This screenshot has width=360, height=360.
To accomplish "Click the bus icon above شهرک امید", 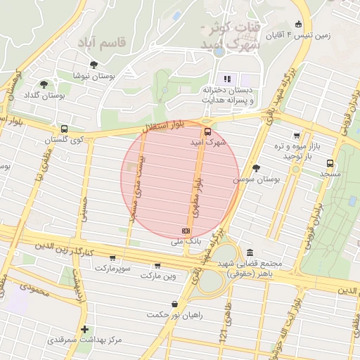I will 207,131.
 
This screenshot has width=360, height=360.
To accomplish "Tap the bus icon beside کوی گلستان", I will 64,129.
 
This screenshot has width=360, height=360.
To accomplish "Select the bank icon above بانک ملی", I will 186,231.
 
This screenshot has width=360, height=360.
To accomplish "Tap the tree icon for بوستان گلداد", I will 44,84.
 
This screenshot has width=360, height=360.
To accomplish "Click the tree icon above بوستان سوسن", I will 255,168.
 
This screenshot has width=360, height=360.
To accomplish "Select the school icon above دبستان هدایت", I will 226,79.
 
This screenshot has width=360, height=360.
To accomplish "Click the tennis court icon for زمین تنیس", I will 299,23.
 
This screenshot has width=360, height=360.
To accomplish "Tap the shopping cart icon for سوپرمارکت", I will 112,258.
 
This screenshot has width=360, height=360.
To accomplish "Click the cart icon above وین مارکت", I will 156,265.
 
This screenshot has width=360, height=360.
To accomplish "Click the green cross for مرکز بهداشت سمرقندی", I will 84,329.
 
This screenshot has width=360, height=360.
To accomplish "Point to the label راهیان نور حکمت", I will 174,314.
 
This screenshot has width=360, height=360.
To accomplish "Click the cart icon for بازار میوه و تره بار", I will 297,136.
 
